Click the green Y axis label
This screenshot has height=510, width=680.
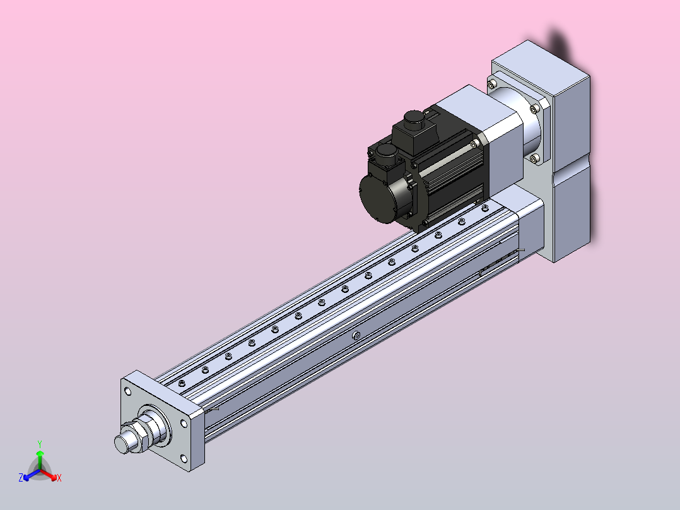point(40,444)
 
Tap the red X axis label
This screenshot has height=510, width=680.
point(59,478)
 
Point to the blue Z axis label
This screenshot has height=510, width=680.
point(21,478)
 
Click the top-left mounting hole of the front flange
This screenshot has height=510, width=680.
point(128,391)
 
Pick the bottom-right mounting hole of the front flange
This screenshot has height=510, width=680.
point(184,458)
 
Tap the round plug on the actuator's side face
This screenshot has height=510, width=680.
point(356,335)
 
